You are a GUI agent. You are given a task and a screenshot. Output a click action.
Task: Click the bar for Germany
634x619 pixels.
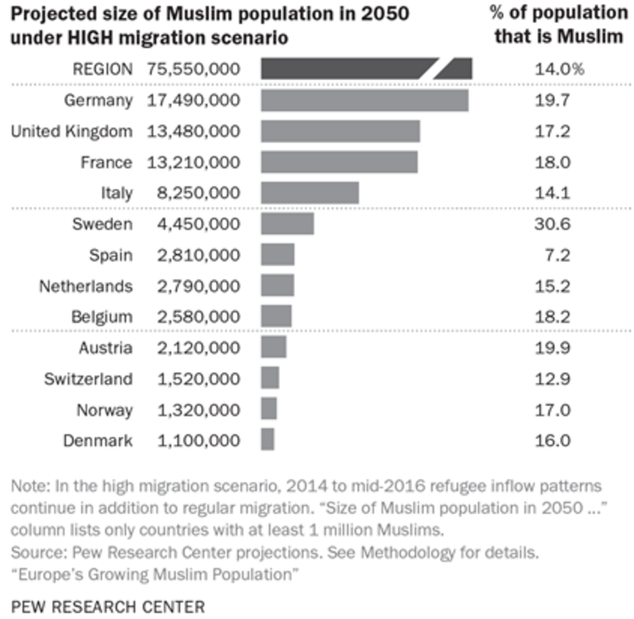tap(365, 100)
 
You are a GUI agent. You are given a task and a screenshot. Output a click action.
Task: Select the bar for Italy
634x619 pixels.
tap(310, 193)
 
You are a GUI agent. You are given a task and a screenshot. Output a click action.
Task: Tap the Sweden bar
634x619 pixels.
tap(287, 224)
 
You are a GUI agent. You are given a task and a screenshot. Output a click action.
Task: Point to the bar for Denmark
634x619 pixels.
tap(267, 440)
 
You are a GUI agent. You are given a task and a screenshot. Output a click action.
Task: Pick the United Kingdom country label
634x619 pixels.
tap(71, 132)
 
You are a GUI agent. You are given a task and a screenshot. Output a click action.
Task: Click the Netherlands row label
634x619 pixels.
tap(86, 286)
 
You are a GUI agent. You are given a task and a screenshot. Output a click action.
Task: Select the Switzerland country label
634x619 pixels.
tap(88, 379)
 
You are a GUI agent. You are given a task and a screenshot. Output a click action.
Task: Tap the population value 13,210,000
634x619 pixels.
tap(193, 162)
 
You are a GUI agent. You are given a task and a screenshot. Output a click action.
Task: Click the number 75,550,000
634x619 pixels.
tap(193, 69)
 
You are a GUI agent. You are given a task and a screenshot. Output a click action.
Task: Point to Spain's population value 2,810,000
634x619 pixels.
tap(198, 255)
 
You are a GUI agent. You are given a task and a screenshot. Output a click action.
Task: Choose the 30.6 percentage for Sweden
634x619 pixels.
tap(552, 224)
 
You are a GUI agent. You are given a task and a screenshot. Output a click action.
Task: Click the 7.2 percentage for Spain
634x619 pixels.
tap(557, 255)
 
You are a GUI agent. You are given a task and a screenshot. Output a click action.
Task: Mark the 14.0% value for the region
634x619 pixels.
tap(559, 69)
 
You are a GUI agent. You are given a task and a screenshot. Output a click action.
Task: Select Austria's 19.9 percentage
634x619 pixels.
tap(552, 348)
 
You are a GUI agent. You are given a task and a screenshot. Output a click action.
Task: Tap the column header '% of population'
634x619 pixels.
tap(558, 13)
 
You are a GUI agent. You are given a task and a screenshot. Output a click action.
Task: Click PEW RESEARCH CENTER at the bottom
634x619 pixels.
tap(108, 607)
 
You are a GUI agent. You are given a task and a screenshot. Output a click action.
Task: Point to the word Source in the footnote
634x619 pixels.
tap(38, 552)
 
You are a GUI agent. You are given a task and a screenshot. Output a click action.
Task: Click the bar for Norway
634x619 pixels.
tap(268, 409)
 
